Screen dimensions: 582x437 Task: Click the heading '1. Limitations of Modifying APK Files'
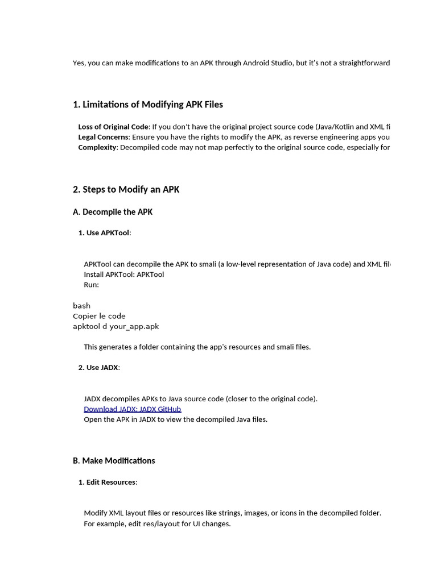[148, 105]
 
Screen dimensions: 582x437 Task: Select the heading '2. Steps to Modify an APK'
[126, 189]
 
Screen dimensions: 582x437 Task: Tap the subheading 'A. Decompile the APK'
[113, 212]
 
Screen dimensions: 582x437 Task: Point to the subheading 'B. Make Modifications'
[114, 460]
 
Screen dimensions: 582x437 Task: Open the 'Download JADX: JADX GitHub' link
[132, 409]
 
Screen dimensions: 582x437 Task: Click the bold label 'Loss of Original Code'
[113, 127]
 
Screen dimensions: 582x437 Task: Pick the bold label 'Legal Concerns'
[104, 137]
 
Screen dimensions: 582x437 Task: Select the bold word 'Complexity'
[97, 147]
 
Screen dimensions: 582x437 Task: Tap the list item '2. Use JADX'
[98, 367]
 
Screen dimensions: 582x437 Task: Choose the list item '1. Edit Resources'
[107, 482]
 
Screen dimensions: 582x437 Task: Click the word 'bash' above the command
[81, 306]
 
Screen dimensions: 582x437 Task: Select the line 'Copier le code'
[99, 316]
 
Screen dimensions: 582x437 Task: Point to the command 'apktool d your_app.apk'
[116, 326]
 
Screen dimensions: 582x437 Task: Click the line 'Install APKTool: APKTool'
[123, 275]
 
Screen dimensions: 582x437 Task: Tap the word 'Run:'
[91, 285]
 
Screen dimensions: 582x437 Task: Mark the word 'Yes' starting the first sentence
[79, 63]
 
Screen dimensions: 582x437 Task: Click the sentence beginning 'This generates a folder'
[197, 347]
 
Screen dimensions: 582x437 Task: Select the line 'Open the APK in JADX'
[175, 419]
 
